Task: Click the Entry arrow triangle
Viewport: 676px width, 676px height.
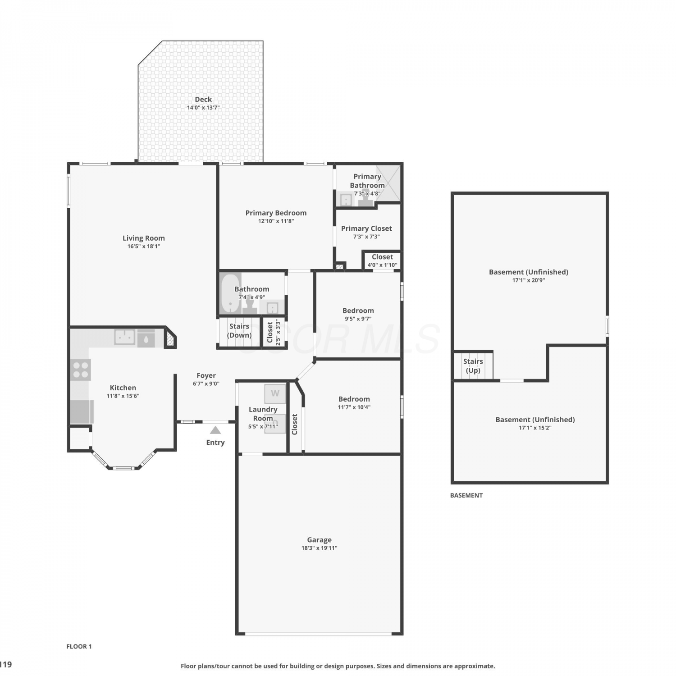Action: (x=215, y=430)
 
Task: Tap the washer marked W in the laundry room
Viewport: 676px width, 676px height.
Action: (x=275, y=393)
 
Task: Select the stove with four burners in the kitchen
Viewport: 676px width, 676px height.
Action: (x=81, y=370)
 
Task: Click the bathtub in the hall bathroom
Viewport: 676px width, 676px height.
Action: (x=230, y=294)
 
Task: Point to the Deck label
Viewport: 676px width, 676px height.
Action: (x=203, y=99)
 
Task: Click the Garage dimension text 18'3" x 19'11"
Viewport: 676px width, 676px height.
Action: (x=319, y=548)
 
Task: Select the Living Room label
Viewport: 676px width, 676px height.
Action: (x=144, y=238)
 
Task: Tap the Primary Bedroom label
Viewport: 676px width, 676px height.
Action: (x=276, y=213)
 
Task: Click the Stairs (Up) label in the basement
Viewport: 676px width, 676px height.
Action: (x=473, y=366)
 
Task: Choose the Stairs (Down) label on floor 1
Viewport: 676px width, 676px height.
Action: (x=239, y=330)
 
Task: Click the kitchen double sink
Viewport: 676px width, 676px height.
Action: (x=125, y=337)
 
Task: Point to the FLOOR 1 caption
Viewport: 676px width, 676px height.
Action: (x=79, y=646)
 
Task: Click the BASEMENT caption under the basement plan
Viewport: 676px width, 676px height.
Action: (x=466, y=495)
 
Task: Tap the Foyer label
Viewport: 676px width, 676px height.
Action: (x=206, y=375)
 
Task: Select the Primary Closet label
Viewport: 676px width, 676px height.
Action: (x=366, y=228)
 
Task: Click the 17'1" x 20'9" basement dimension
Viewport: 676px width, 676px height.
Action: (x=529, y=280)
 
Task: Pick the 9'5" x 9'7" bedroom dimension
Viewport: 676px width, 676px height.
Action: (x=358, y=319)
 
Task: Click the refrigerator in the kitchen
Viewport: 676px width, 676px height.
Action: (x=82, y=412)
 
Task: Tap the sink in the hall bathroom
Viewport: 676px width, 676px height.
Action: (x=272, y=308)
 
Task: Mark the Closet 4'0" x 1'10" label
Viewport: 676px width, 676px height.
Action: (x=382, y=260)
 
